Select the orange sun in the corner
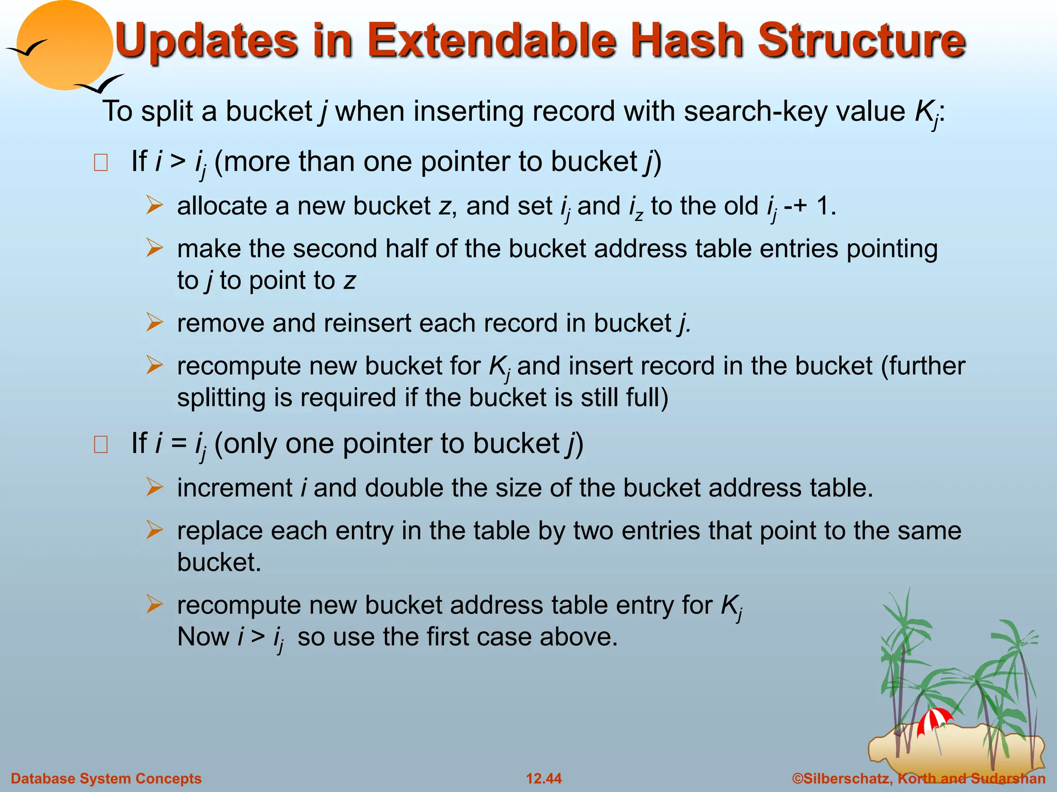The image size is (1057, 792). pos(65,45)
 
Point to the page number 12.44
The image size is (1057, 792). pos(544,779)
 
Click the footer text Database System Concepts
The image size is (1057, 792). pos(106,779)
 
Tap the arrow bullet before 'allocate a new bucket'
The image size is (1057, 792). pos(154,205)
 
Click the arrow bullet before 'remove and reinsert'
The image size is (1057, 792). pos(154,323)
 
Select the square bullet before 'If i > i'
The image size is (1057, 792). pos(101,163)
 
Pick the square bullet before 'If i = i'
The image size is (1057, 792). pos(101,444)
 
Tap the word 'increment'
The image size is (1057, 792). pos(235,488)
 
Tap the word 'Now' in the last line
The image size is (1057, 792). pos(203,637)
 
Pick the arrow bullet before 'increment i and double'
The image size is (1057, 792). pos(154,487)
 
